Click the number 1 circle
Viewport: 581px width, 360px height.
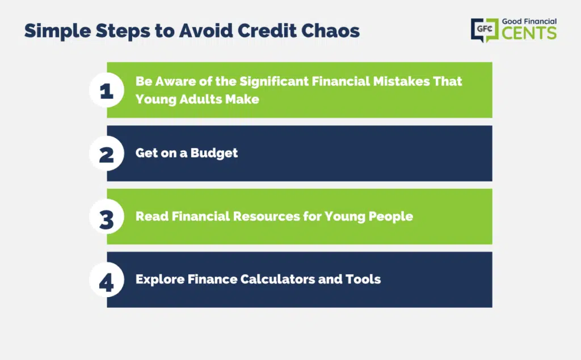[107, 90]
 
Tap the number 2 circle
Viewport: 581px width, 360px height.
[107, 153]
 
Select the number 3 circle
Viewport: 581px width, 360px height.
[107, 217]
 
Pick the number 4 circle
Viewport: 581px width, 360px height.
[107, 280]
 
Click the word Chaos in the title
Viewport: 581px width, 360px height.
[330, 31]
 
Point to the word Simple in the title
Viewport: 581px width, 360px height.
[57, 31]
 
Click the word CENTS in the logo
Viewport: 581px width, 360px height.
[529, 33]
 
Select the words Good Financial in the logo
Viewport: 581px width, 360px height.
[529, 22]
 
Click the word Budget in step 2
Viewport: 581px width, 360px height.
[214, 153]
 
